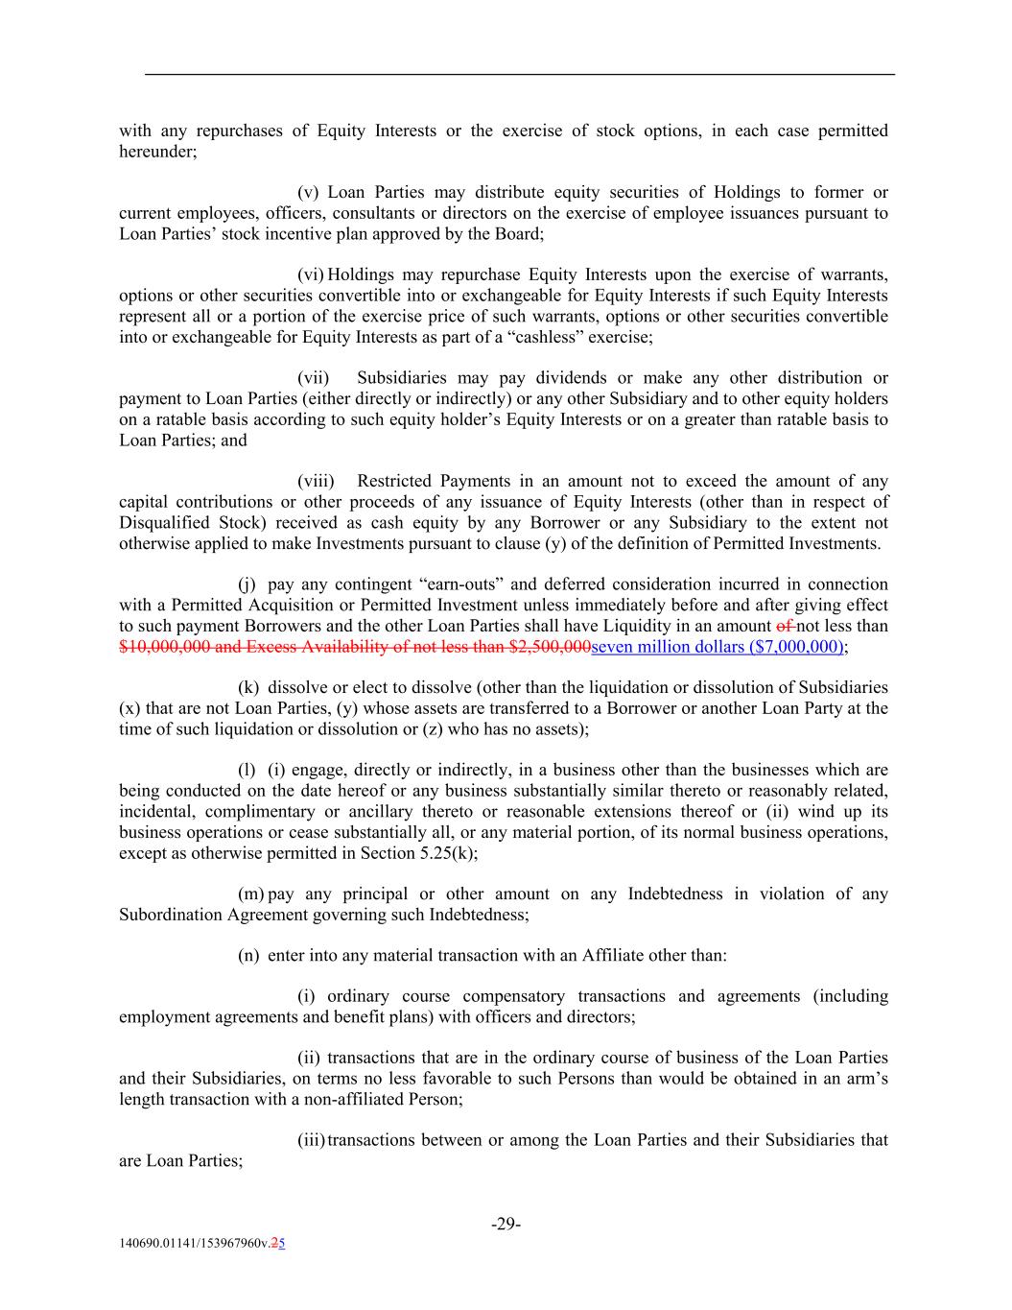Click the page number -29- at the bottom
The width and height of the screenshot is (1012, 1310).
click(x=506, y=1224)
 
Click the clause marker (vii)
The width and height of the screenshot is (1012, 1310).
click(x=314, y=378)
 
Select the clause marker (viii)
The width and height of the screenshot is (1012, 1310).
click(x=316, y=481)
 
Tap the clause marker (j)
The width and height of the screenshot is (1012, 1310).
click(x=247, y=584)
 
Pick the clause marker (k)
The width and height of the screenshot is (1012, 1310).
click(x=248, y=687)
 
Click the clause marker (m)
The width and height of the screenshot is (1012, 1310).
click(x=251, y=893)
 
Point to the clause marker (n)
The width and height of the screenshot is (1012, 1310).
click(x=248, y=955)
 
